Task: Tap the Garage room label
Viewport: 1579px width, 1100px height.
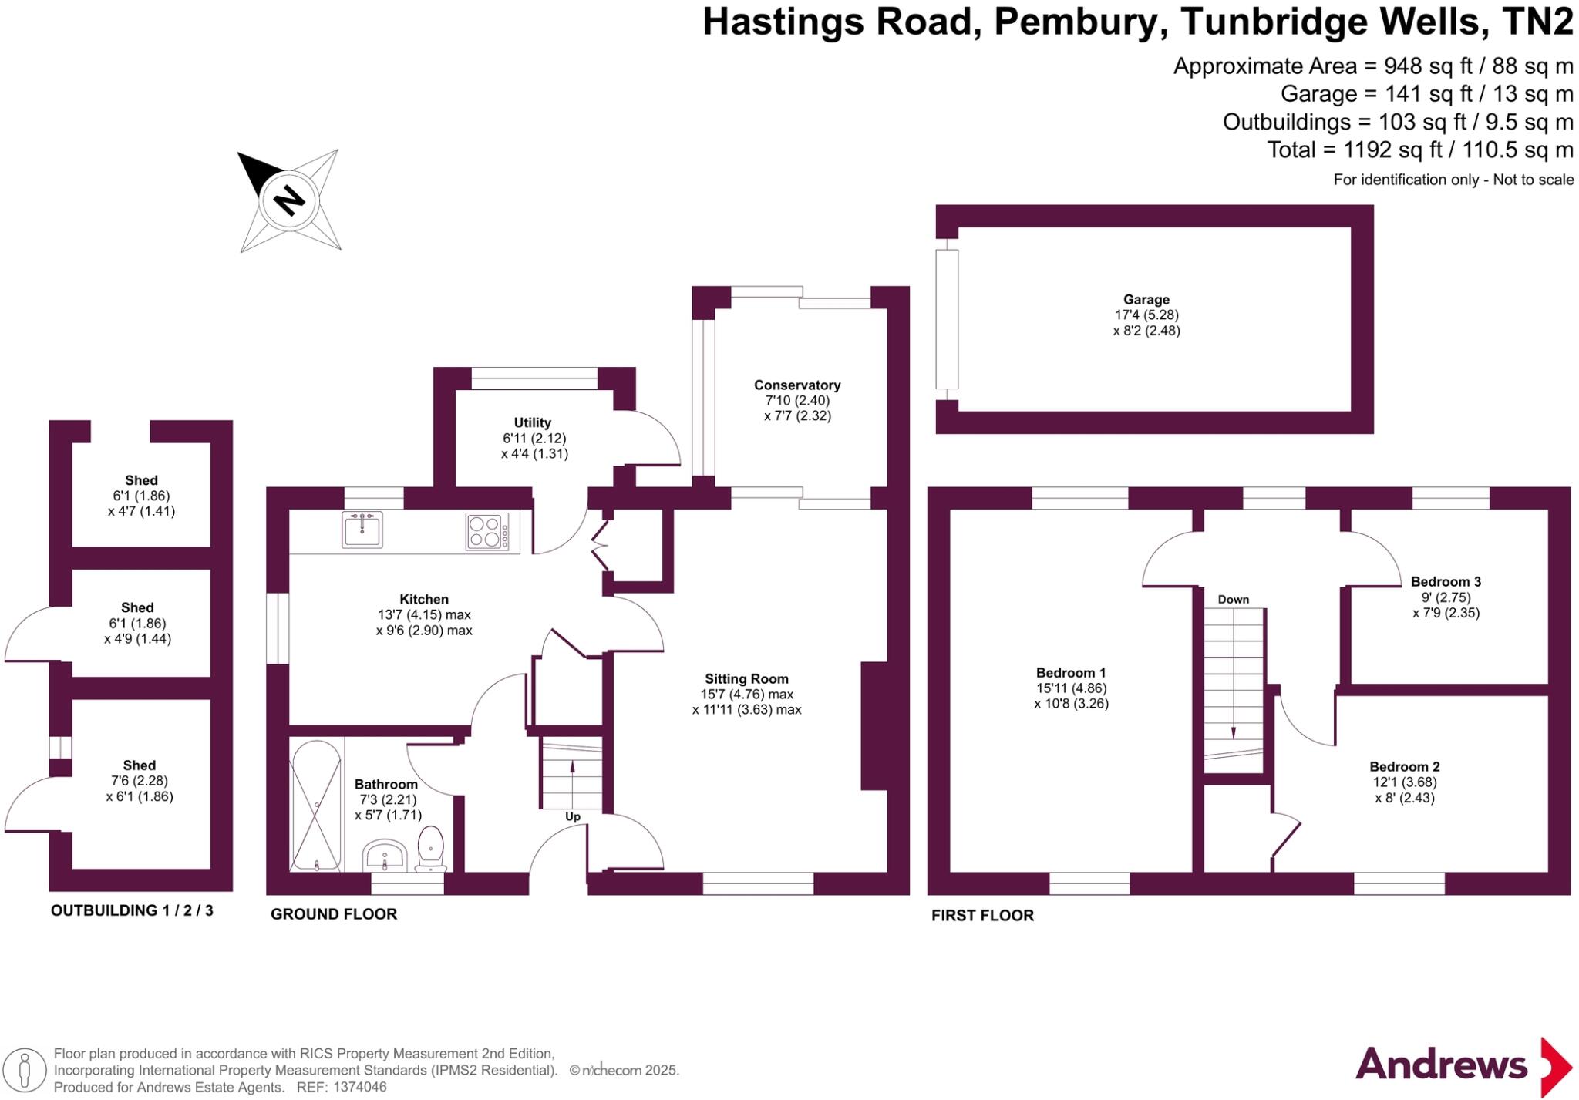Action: pos(1146,300)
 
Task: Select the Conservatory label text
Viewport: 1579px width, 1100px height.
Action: pos(796,385)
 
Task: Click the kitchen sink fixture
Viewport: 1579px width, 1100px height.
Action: pos(362,530)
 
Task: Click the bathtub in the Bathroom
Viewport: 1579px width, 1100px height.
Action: pos(316,805)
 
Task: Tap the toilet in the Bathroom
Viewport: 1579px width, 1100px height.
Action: pos(430,848)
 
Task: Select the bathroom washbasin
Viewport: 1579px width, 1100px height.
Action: pos(385,856)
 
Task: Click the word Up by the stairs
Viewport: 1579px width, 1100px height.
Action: pos(573,817)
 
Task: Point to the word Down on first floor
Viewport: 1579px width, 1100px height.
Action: pos(1233,600)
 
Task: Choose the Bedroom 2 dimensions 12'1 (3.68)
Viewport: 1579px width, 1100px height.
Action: pos(1404,782)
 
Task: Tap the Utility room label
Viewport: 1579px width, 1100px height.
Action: pos(532,422)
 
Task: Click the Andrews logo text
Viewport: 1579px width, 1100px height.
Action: pos(1441,1065)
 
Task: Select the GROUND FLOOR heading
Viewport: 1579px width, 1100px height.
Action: pos(334,914)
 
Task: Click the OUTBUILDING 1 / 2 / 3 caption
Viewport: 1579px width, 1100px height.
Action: pos(132,910)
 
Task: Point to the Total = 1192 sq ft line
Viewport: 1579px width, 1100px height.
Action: pos(1419,150)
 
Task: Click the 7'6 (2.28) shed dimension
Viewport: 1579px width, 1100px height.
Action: pos(140,781)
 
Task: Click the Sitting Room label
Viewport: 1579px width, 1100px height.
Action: pos(746,679)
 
